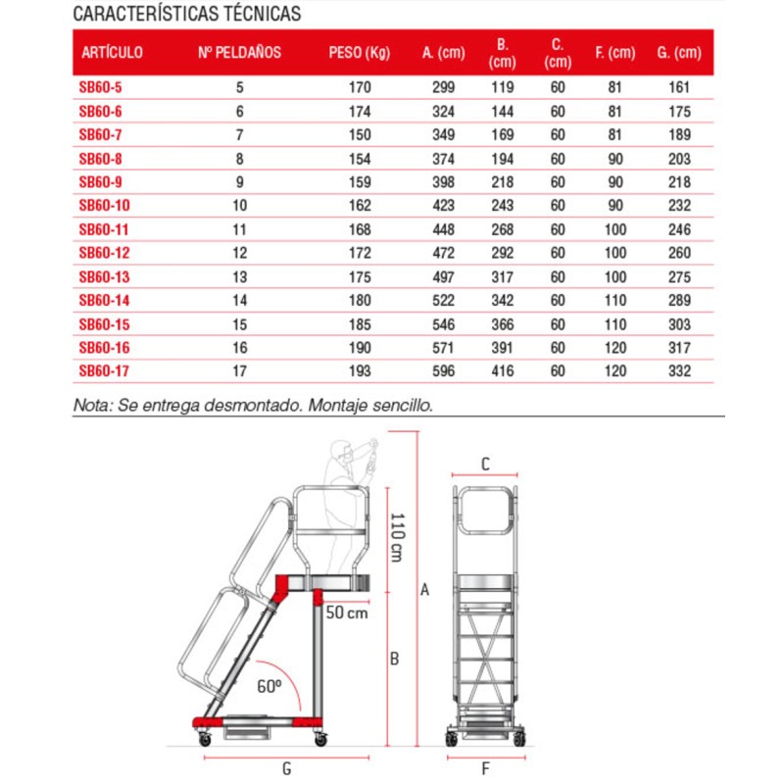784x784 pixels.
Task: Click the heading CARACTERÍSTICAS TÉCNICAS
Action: tap(187, 16)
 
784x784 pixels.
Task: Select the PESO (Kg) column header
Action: tap(359, 52)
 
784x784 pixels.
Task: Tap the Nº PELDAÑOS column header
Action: tap(239, 52)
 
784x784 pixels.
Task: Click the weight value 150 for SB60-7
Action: tap(359, 134)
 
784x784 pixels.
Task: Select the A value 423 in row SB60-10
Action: tap(444, 206)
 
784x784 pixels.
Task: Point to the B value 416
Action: tap(501, 371)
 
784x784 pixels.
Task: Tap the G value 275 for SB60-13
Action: tap(679, 276)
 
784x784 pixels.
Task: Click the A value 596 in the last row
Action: tap(444, 371)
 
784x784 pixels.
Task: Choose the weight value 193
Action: tap(359, 371)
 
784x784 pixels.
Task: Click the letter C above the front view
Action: tap(485, 465)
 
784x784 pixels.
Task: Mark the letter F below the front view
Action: tap(485, 766)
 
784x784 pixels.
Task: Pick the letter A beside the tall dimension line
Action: tap(424, 589)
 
